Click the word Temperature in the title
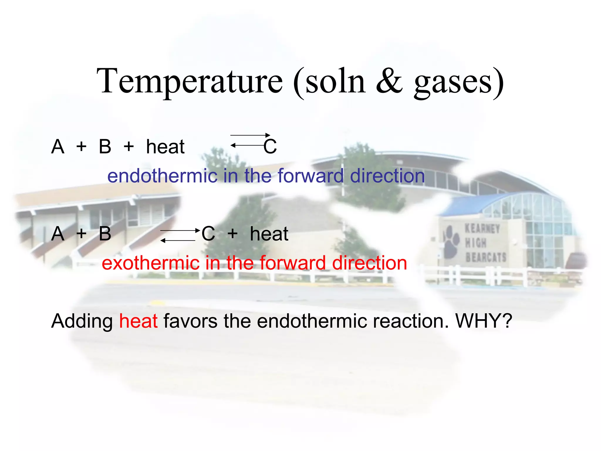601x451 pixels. (x=190, y=81)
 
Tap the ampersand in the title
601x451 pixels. (x=389, y=81)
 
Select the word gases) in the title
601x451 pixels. (x=459, y=82)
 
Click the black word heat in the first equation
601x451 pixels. (x=165, y=147)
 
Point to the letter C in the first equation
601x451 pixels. (x=270, y=147)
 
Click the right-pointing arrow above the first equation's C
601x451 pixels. (x=250, y=135)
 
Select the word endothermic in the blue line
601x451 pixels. (x=162, y=176)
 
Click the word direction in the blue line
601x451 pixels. (x=387, y=176)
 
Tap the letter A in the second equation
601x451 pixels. (x=58, y=234)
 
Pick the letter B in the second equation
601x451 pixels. (x=105, y=234)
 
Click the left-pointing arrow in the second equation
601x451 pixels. (x=178, y=240)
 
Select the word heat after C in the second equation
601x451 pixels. (x=269, y=234)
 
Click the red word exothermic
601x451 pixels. (x=150, y=263)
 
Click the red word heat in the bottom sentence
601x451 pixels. (x=138, y=321)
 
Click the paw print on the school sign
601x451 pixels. (x=451, y=241)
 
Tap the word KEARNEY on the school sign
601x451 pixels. (x=482, y=229)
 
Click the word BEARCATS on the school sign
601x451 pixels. (x=486, y=257)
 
